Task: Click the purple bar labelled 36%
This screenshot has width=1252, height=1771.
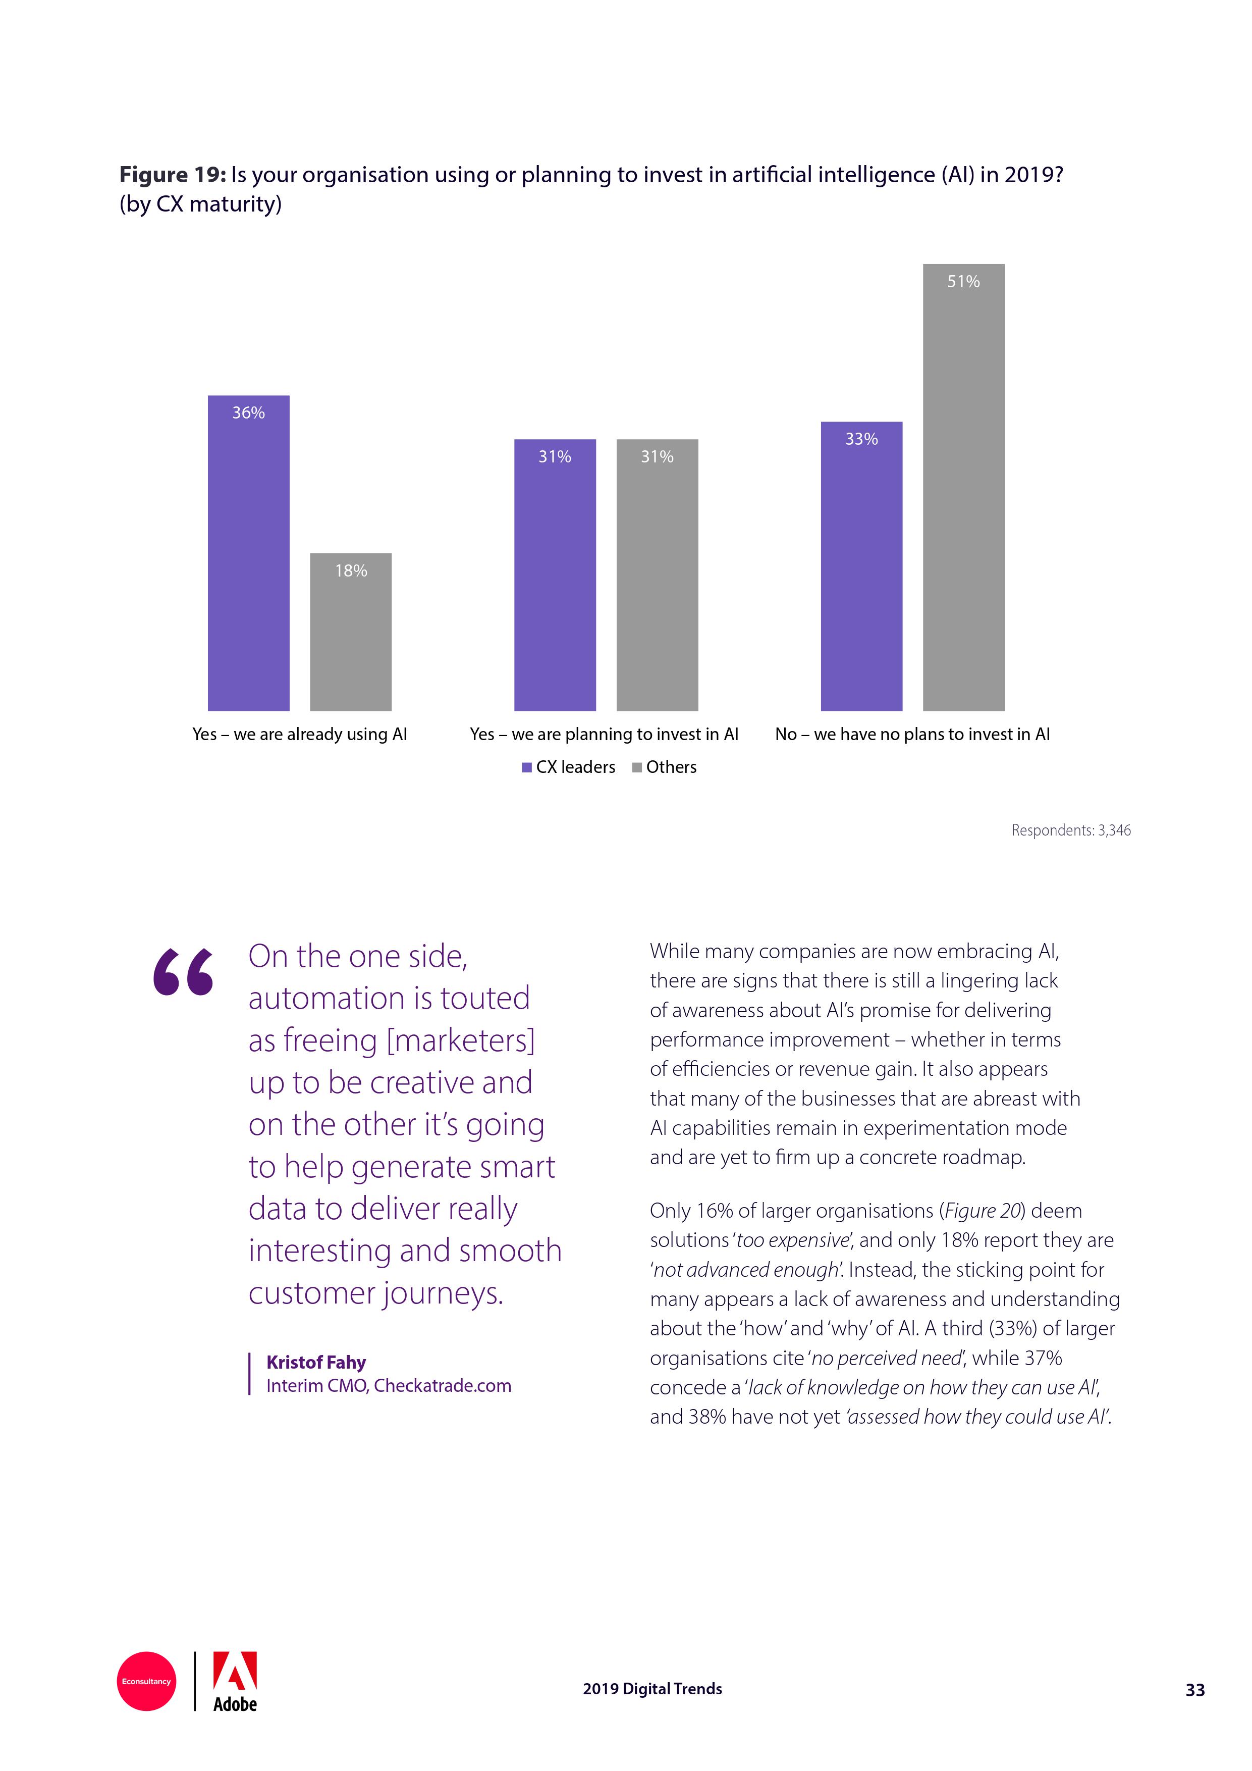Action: pyautogui.click(x=248, y=552)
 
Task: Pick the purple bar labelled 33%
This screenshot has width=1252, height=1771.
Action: pyautogui.click(x=861, y=565)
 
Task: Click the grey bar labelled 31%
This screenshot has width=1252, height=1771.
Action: pyautogui.click(x=657, y=575)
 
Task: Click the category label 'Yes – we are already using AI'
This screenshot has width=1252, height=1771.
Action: pyautogui.click(x=299, y=735)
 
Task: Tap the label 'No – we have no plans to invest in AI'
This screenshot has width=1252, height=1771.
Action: pyautogui.click(x=912, y=735)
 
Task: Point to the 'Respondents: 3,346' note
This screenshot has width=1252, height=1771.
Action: pyautogui.click(x=1071, y=830)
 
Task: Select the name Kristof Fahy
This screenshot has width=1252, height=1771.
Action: pyautogui.click(x=315, y=1362)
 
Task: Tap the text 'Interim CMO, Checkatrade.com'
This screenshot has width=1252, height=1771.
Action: pyautogui.click(x=389, y=1385)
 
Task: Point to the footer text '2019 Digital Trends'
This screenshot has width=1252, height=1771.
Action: pyautogui.click(x=652, y=1689)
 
